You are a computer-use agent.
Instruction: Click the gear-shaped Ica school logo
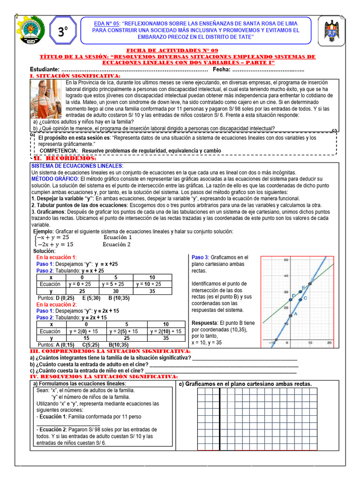click(x=30, y=30)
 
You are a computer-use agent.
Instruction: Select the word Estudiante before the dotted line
click(x=45, y=69)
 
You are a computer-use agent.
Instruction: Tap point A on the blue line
click(x=290, y=316)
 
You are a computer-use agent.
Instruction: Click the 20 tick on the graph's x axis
click(x=329, y=343)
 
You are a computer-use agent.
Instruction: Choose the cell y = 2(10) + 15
click(x=165, y=331)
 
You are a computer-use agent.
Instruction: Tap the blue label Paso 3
click(x=200, y=258)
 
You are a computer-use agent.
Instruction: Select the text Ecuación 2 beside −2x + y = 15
click(x=117, y=244)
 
